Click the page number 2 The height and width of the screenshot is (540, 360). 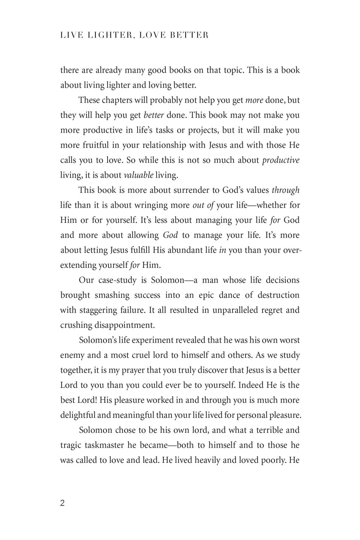[62, 503]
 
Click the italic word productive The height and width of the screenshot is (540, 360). [281, 160]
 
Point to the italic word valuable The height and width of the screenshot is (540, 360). [138, 175]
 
